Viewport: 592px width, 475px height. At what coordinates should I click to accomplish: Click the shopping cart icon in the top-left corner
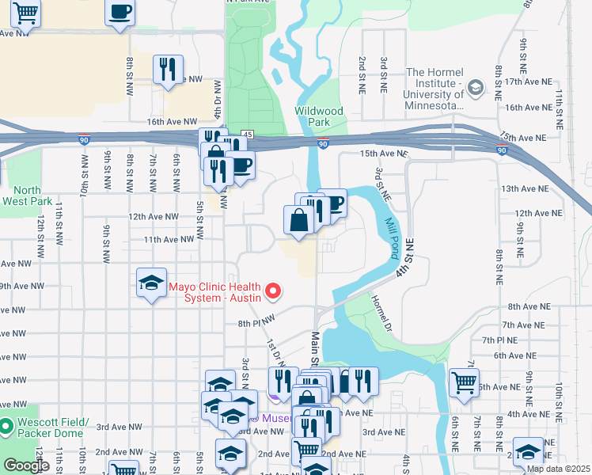click(x=26, y=13)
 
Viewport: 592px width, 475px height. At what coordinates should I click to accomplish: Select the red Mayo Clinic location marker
click(x=274, y=291)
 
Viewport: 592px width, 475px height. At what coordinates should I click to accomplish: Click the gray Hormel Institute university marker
click(x=475, y=86)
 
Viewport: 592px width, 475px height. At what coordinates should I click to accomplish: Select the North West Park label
click(x=27, y=196)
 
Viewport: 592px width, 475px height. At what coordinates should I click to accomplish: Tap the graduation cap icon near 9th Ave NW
click(x=150, y=284)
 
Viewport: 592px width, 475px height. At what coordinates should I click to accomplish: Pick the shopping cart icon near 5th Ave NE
click(x=464, y=382)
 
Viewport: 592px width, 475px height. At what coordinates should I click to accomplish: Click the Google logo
click(x=26, y=465)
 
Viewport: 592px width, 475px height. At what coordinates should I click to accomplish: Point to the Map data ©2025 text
click(x=558, y=469)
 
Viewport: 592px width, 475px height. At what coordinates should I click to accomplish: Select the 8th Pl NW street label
click(x=256, y=323)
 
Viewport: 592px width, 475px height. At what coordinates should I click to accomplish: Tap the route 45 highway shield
click(x=248, y=135)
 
